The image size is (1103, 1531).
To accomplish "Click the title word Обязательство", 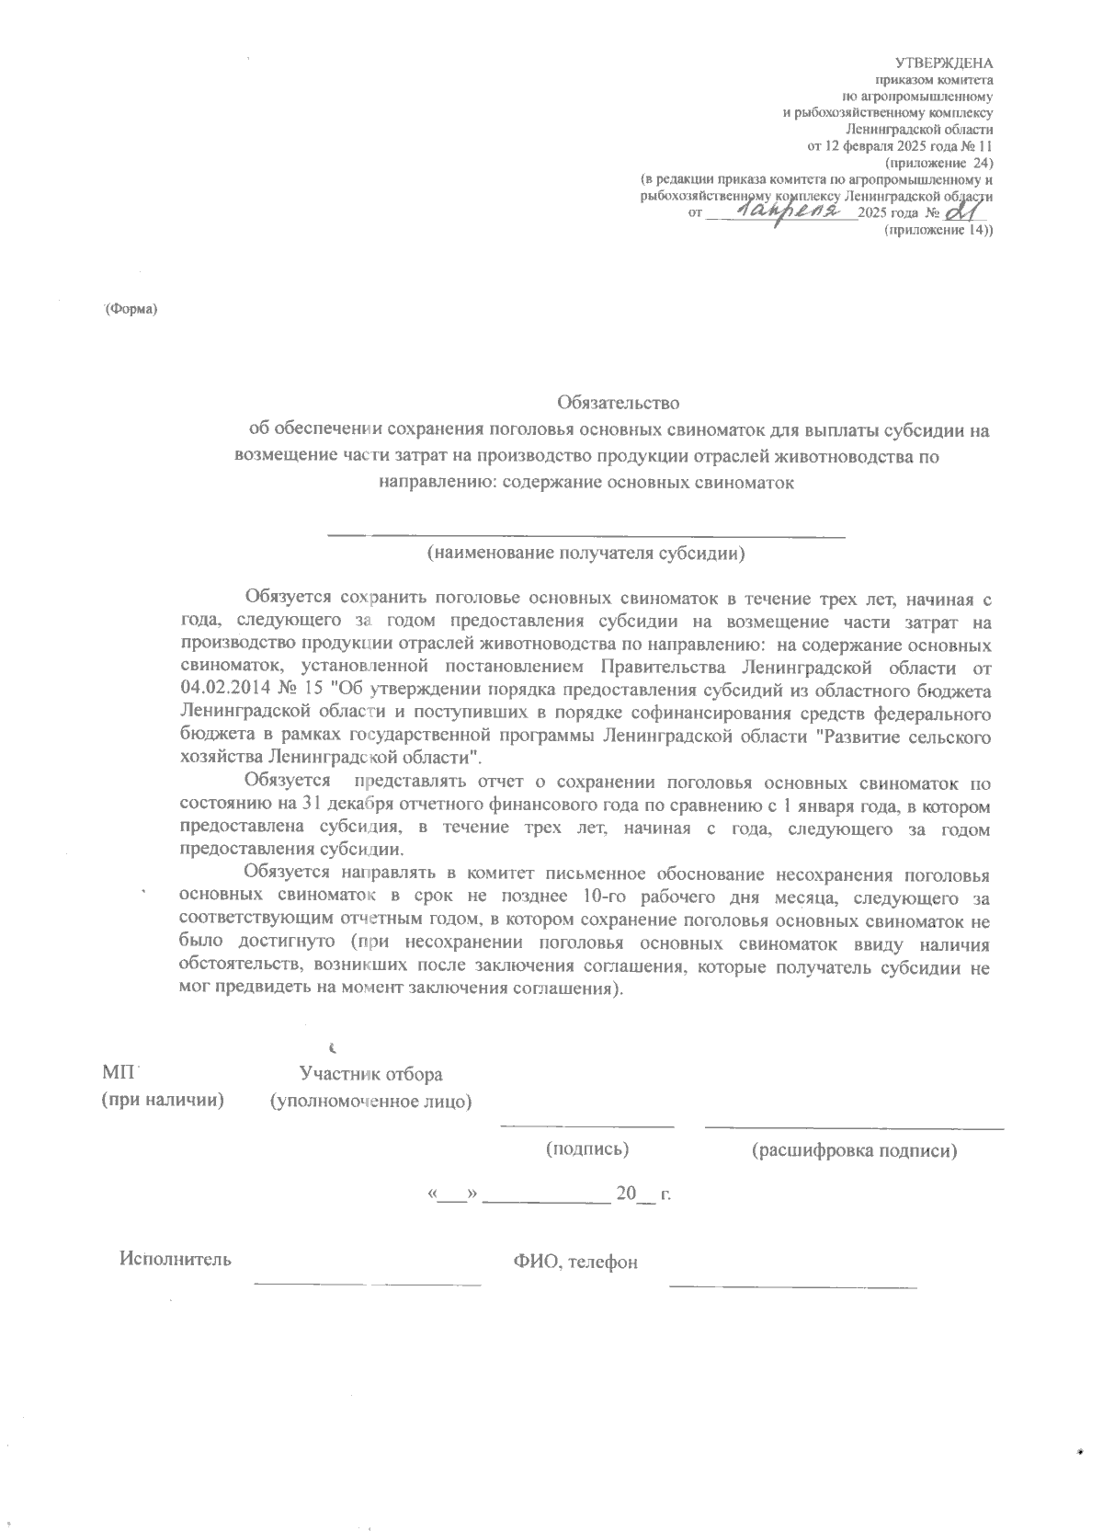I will coord(618,403).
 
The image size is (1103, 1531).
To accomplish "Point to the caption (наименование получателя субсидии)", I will coord(586,554).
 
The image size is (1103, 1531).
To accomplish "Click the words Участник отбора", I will coord(370,1074).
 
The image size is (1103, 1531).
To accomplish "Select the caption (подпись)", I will coord(587,1148).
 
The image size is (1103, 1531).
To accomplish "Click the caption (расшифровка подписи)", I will coord(854,1150).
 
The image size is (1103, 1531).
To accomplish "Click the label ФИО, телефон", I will coord(575,1263).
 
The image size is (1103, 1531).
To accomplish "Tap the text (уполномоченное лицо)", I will coord(370,1101).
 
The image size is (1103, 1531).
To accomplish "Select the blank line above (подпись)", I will coord(587,1125).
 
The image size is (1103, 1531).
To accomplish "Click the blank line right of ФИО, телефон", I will coord(793,1285).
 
